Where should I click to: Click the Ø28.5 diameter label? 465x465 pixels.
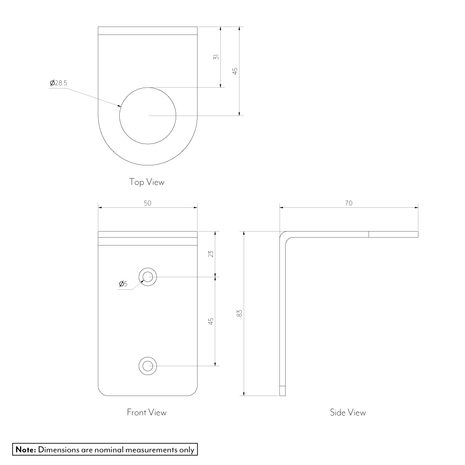point(58,83)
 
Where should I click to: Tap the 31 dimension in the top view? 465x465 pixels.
point(216,57)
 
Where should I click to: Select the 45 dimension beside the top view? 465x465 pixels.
point(235,71)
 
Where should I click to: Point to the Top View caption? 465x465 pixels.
point(146,182)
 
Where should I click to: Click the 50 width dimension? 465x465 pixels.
point(148,203)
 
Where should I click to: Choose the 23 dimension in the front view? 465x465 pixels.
point(211,254)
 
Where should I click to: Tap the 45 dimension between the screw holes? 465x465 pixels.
point(211,321)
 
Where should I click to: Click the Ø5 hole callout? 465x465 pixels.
point(123,284)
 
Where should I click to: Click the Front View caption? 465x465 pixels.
point(147,412)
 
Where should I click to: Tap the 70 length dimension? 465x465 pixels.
point(349,203)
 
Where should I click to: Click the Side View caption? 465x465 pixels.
point(348,412)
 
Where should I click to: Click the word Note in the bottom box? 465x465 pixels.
point(26,450)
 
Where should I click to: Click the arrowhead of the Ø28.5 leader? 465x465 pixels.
point(120,105)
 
